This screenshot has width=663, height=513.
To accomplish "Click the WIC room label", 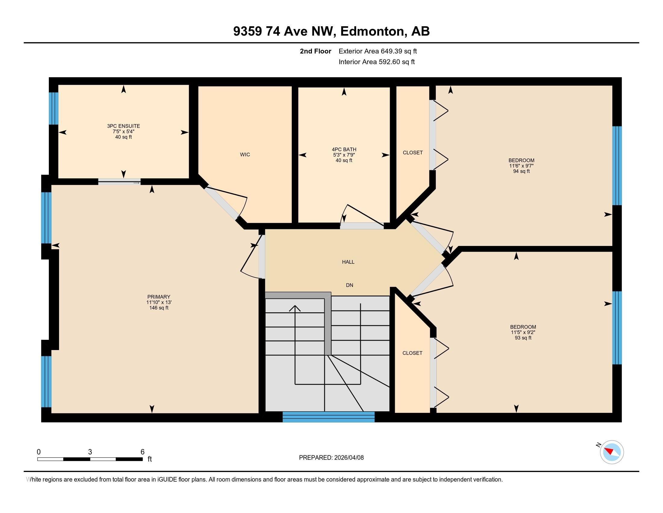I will click(x=245, y=155).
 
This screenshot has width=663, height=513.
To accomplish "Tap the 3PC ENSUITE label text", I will click(x=123, y=126).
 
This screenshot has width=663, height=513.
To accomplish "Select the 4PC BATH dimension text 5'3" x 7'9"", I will click(x=344, y=155).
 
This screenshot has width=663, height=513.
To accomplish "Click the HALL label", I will click(x=348, y=262).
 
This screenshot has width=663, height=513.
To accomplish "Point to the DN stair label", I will click(x=349, y=285).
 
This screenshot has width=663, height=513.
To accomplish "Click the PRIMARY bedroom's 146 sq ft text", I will click(x=159, y=308).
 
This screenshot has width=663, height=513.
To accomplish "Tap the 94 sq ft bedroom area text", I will click(x=521, y=171).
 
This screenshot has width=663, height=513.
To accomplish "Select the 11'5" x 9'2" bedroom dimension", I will click(x=523, y=333).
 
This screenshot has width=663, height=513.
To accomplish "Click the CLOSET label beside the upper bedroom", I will click(x=413, y=153).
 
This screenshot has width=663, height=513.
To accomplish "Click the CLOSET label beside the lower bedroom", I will click(x=412, y=353).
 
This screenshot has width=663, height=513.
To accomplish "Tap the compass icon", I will click(x=612, y=452).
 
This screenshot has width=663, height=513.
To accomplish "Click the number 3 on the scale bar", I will click(x=90, y=452).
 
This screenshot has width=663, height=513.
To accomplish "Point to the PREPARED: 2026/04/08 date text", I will click(x=331, y=458).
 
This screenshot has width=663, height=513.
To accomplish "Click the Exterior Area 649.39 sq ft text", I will click(x=378, y=51).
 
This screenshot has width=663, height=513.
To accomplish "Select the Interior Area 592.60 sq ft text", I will click(x=376, y=62).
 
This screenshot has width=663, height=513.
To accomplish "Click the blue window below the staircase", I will click(x=328, y=417).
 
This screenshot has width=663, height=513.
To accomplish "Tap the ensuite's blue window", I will click(x=54, y=109).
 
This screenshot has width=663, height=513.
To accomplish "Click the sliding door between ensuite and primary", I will click(x=119, y=182).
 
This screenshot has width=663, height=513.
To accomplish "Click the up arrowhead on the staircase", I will click(x=295, y=308).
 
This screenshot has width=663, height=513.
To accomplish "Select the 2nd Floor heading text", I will click(x=315, y=51).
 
